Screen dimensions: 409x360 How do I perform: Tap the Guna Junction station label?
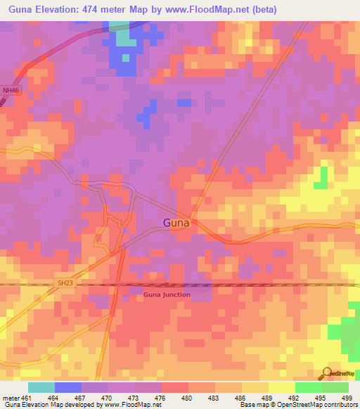tap(167, 294)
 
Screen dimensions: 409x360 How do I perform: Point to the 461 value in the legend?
tap(27, 398)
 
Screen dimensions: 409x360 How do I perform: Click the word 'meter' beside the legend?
tap(11, 398)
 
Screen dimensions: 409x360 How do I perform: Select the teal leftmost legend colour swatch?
tap(41, 387)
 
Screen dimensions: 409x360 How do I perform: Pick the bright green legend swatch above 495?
tap(308, 387)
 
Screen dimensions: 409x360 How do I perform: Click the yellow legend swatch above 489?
tap(255, 387)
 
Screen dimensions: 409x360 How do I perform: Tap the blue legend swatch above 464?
tap(68, 387)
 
